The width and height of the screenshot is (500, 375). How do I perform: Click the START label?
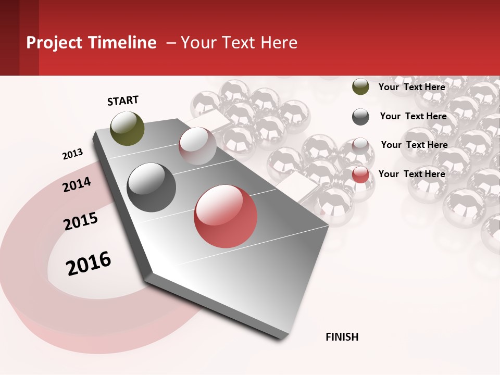[x=123, y=101]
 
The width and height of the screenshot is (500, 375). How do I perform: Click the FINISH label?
[x=342, y=337]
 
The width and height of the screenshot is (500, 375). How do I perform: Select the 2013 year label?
[x=72, y=154]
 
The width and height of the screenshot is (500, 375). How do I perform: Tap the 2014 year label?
[x=77, y=184]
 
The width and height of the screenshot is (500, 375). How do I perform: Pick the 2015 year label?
[x=81, y=221]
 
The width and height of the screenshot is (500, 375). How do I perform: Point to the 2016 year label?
[x=89, y=263]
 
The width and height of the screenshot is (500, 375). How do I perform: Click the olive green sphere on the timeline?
[x=128, y=128]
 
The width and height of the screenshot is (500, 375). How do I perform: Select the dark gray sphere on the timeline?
[x=152, y=187]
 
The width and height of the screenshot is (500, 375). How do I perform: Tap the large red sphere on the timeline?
[x=226, y=216]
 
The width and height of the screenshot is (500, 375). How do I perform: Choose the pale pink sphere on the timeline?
[x=197, y=145]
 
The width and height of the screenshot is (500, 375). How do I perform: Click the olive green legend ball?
[x=360, y=86]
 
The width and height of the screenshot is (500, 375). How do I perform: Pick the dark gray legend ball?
[x=360, y=117]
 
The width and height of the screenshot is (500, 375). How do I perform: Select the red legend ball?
[x=360, y=175]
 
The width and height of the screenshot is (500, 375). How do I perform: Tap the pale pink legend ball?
[x=360, y=146]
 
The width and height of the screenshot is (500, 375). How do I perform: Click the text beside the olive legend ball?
[x=411, y=87]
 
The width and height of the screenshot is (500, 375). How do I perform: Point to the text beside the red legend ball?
[x=411, y=174]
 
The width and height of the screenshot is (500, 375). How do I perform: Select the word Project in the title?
[x=54, y=43]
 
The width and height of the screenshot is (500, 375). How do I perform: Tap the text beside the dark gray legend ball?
[x=413, y=116]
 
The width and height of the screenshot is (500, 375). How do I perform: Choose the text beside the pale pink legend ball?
[x=414, y=145]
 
